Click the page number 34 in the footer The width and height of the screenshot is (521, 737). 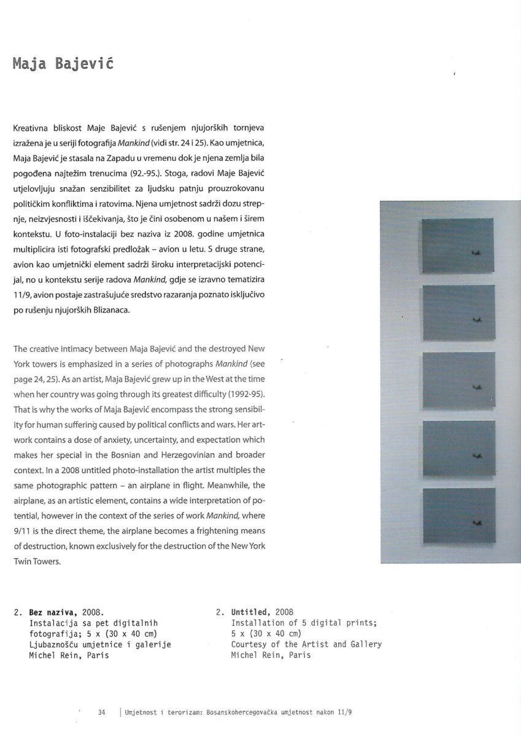pos(102,712)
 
